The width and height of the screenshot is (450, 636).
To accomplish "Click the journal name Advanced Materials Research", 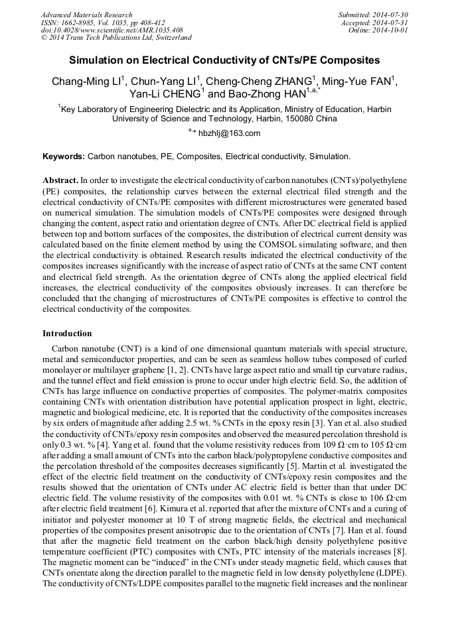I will coord(86,15).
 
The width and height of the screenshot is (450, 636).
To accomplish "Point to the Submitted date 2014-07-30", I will coord(390,15).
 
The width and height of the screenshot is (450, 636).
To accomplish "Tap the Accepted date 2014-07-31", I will coord(392,23).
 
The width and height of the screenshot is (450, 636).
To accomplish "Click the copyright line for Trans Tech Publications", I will coord(116,38).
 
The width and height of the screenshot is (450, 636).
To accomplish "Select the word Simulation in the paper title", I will coord(96,60).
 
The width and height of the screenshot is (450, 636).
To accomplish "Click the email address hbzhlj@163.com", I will coord(229,133).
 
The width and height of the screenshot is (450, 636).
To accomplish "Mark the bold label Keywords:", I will coord(64,157).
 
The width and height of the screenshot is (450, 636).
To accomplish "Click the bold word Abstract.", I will coord(60,180).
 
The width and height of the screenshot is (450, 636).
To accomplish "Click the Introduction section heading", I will coord(67,333).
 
